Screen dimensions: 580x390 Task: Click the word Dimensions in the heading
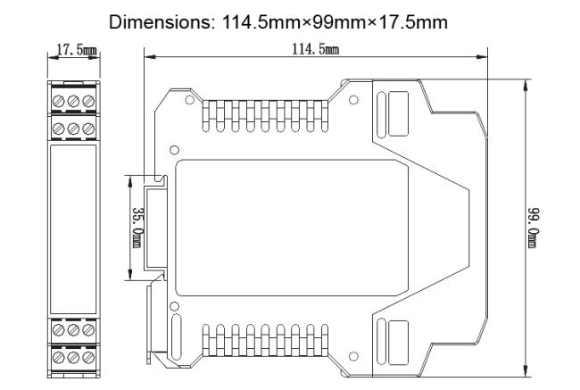159,22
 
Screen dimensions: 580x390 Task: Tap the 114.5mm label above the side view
315,49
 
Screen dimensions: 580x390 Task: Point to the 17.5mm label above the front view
76,50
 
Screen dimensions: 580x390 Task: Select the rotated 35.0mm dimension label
137,228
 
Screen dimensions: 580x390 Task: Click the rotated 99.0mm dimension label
534,228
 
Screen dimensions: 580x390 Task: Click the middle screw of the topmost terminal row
73,101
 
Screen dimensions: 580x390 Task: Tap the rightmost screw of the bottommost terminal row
88,357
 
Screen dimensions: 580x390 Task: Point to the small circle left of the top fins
189,100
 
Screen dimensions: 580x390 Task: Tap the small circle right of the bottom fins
353,356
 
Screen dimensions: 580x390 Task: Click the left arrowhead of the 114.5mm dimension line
149,57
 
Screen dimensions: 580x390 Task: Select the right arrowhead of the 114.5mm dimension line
482,57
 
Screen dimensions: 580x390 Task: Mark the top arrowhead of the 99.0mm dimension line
525,85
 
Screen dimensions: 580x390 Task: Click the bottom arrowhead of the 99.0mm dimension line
525,371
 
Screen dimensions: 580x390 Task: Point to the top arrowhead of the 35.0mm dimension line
129,181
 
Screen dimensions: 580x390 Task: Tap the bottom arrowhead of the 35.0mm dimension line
129,274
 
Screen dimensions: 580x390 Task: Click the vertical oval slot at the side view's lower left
177,336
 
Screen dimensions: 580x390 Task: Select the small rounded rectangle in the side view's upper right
398,113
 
